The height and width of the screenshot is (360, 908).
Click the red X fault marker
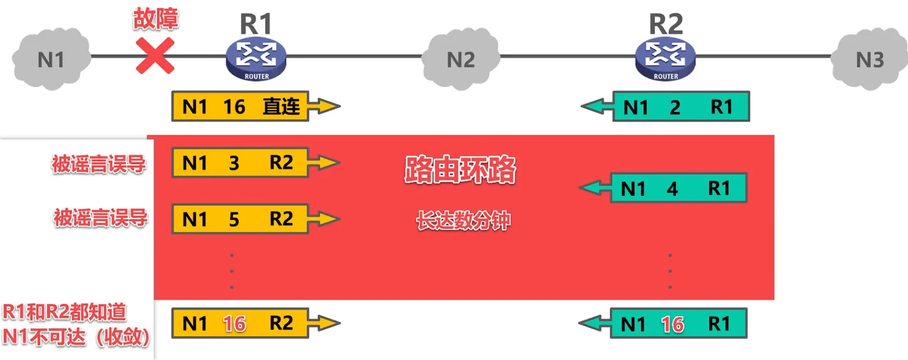tap(155, 56)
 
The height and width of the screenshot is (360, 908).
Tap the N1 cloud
tap(51, 59)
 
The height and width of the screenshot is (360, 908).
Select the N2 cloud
tap(461, 59)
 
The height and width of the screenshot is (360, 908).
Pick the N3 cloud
tap(870, 59)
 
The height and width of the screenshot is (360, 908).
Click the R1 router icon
tap(256, 59)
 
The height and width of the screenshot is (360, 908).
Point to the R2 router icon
tap(665, 59)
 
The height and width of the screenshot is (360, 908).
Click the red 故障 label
tap(155, 18)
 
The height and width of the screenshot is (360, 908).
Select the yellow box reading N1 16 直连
tap(240, 106)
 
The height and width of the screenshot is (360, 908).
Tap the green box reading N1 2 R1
tap(681, 107)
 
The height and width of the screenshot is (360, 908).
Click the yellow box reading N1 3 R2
tap(240, 163)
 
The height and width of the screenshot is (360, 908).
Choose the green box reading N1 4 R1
tap(678, 188)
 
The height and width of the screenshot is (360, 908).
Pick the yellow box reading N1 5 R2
tap(240, 219)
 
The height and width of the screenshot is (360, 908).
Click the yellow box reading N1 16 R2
tap(240, 323)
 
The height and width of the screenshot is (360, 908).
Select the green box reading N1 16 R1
tap(678, 324)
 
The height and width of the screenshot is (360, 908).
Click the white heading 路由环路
tap(460, 169)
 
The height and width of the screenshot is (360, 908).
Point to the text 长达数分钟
tap(463, 220)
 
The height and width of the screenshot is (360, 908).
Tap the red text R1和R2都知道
tap(64, 312)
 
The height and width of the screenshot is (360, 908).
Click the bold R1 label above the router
tap(256, 24)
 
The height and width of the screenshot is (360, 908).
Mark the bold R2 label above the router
tap(665, 24)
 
